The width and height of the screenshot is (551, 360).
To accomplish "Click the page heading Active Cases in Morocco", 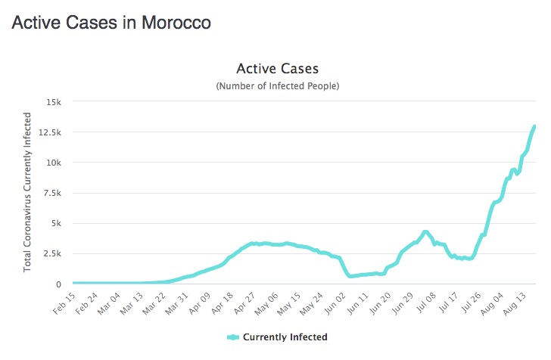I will pos(111,23).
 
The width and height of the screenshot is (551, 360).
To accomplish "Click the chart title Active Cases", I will pos(278,70).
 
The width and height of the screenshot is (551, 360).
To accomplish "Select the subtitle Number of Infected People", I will pos(278,86).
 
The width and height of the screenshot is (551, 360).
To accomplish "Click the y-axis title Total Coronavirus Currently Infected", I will pos(28,192).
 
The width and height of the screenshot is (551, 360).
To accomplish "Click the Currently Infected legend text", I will pos(285,337).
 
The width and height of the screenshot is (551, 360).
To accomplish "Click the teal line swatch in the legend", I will pos(232,337).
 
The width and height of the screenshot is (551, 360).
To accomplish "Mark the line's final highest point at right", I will pos(534,126).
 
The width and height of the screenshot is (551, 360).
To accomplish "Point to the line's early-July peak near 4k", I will pos(425,232).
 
